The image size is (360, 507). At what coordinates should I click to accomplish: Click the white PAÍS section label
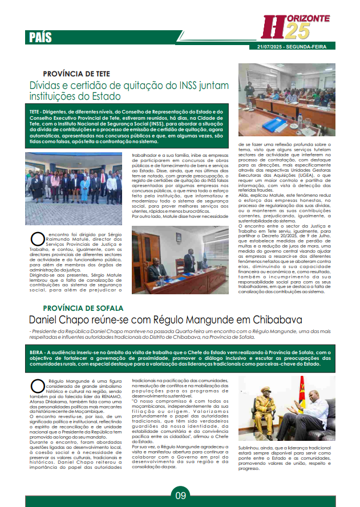41,38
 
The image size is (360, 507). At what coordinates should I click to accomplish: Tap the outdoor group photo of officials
73,180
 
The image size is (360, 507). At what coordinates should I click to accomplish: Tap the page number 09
180,495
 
